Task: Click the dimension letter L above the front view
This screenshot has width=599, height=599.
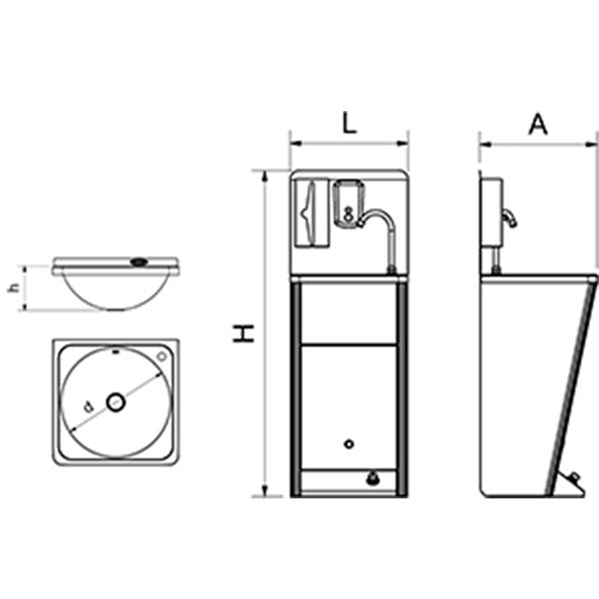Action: pyautogui.click(x=349, y=123)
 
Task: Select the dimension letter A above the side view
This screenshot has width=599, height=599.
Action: pyautogui.click(x=538, y=125)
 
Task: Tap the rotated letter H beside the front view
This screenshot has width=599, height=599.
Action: pyautogui.click(x=243, y=334)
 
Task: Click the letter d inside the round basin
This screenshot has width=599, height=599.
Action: pyautogui.click(x=89, y=407)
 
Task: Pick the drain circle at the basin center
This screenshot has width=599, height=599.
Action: pyautogui.click(x=116, y=402)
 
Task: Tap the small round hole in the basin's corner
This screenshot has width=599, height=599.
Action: pyautogui.click(x=162, y=356)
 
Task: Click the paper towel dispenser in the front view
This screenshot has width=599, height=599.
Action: pyautogui.click(x=313, y=213)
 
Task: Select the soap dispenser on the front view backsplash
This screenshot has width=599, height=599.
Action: pyautogui.click(x=348, y=204)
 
